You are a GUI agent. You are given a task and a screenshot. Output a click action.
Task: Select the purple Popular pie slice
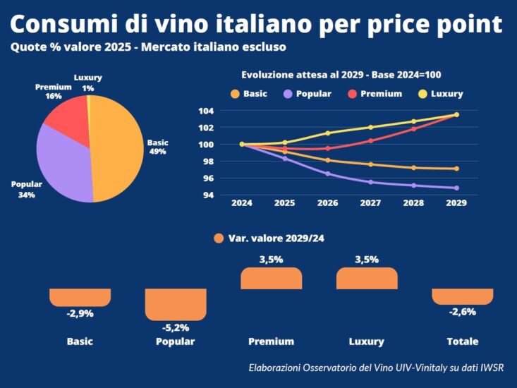[63, 166]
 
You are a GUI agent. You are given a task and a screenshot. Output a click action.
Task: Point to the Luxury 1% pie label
[88, 83]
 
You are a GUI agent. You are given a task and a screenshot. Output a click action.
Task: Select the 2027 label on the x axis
[370, 202]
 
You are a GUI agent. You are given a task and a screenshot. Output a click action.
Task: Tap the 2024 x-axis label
[242, 202]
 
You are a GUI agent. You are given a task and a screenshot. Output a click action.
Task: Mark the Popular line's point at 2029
[456, 188]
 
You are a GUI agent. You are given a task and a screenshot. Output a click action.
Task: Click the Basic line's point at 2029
[456, 169]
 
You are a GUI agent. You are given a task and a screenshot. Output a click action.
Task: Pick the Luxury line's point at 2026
[328, 133]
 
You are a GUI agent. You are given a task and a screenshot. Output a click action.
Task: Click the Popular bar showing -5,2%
[176, 304]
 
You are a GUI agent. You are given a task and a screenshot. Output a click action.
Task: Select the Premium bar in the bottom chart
[271, 279]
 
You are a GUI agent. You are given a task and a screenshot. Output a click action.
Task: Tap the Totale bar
[462, 296]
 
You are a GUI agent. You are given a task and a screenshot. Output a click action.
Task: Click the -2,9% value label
[80, 313]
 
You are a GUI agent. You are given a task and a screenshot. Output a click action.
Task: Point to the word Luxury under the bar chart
[367, 341]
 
